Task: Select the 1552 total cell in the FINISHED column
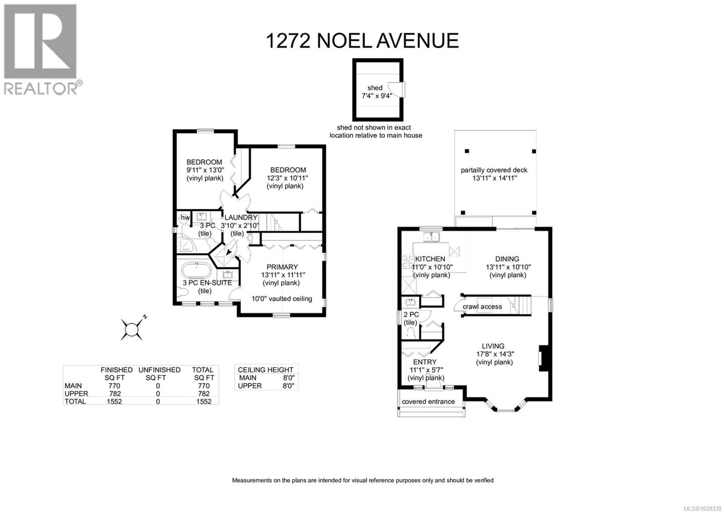pyautogui.click(x=114, y=402)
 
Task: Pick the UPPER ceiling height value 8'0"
pyautogui.click(x=288, y=386)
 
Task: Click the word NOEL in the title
pyautogui.click(x=343, y=41)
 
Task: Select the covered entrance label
pyautogui.click(x=428, y=402)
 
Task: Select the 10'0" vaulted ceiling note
pyautogui.click(x=282, y=299)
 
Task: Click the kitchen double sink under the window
pyautogui.click(x=432, y=236)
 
